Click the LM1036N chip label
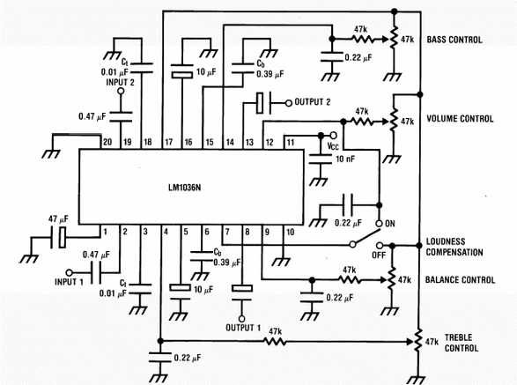[x=184, y=188]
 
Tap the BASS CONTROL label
[x=454, y=40]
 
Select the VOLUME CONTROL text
[x=460, y=119]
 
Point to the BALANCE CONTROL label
[x=460, y=280]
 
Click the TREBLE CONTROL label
[x=461, y=343]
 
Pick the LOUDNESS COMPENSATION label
[x=454, y=247]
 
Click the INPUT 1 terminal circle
[x=69, y=272]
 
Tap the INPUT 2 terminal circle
[x=121, y=91]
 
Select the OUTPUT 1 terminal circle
[x=241, y=319]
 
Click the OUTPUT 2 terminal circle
[x=289, y=103]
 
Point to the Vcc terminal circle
[x=333, y=136]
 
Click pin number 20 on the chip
[x=107, y=142]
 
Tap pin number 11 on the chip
[x=290, y=143]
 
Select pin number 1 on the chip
[x=105, y=232]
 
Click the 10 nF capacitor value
[x=345, y=159]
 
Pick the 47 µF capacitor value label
[x=58, y=218]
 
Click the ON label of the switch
[x=390, y=224]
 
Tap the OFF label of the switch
[x=379, y=255]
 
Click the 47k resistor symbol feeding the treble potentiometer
[x=275, y=342]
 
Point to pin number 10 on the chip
[x=290, y=232]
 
